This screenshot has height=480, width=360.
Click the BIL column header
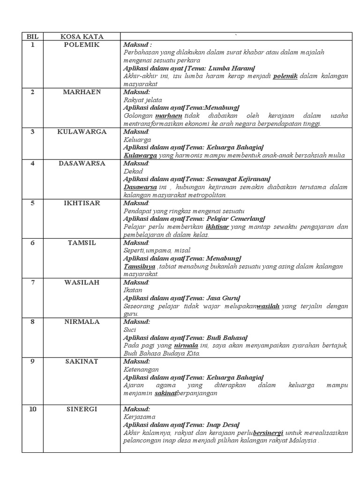pos(32,37)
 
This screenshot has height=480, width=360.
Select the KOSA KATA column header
pos(82,37)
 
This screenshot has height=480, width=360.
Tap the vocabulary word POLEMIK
pos(82,45)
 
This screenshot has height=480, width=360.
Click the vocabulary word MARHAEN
pos(82,92)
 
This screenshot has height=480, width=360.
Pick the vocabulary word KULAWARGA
pos(82,132)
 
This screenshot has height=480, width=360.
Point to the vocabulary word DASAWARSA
pos(82,164)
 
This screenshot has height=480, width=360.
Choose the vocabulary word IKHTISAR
pos(82,203)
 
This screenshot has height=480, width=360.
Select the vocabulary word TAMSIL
pos(82,243)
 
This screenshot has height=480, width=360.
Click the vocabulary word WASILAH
pos(82,283)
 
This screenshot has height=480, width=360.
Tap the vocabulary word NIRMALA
pos(82,322)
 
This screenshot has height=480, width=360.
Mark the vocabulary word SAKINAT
pos(82,362)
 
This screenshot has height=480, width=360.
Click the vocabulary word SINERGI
pos(82,409)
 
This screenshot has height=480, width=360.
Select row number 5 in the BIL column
pos(32,203)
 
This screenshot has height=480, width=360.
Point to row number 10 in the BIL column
pos(32,409)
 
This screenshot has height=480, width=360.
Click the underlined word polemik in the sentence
pos(285,76)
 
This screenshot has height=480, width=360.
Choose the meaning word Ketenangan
pos(141,370)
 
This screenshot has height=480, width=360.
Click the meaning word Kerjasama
pos(139,417)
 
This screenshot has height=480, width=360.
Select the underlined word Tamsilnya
pos(140,266)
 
